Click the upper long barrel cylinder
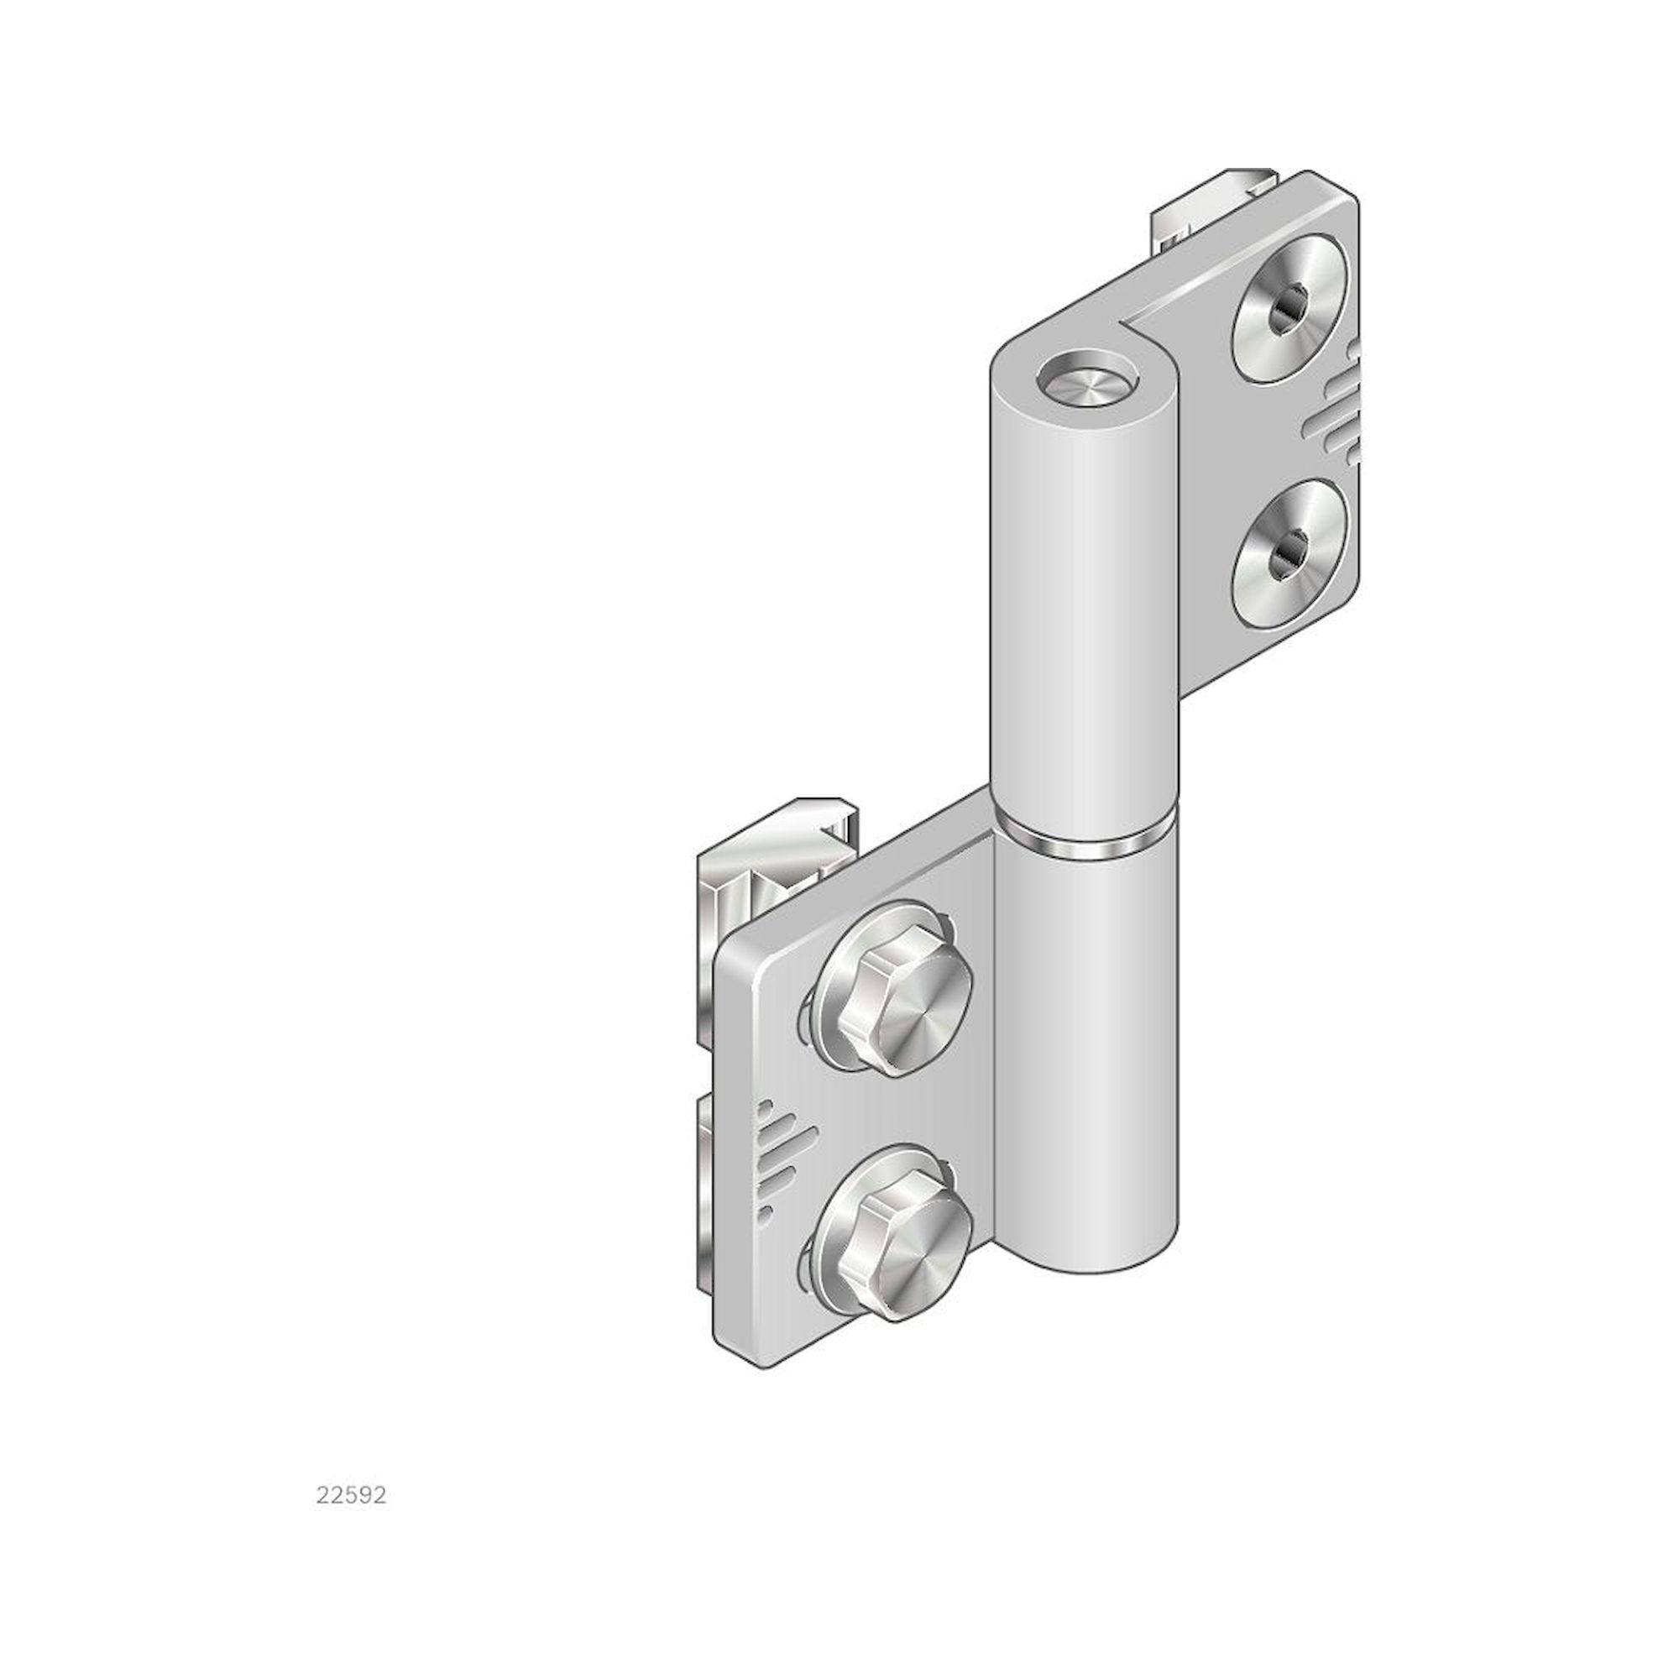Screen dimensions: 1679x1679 [1085, 609]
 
